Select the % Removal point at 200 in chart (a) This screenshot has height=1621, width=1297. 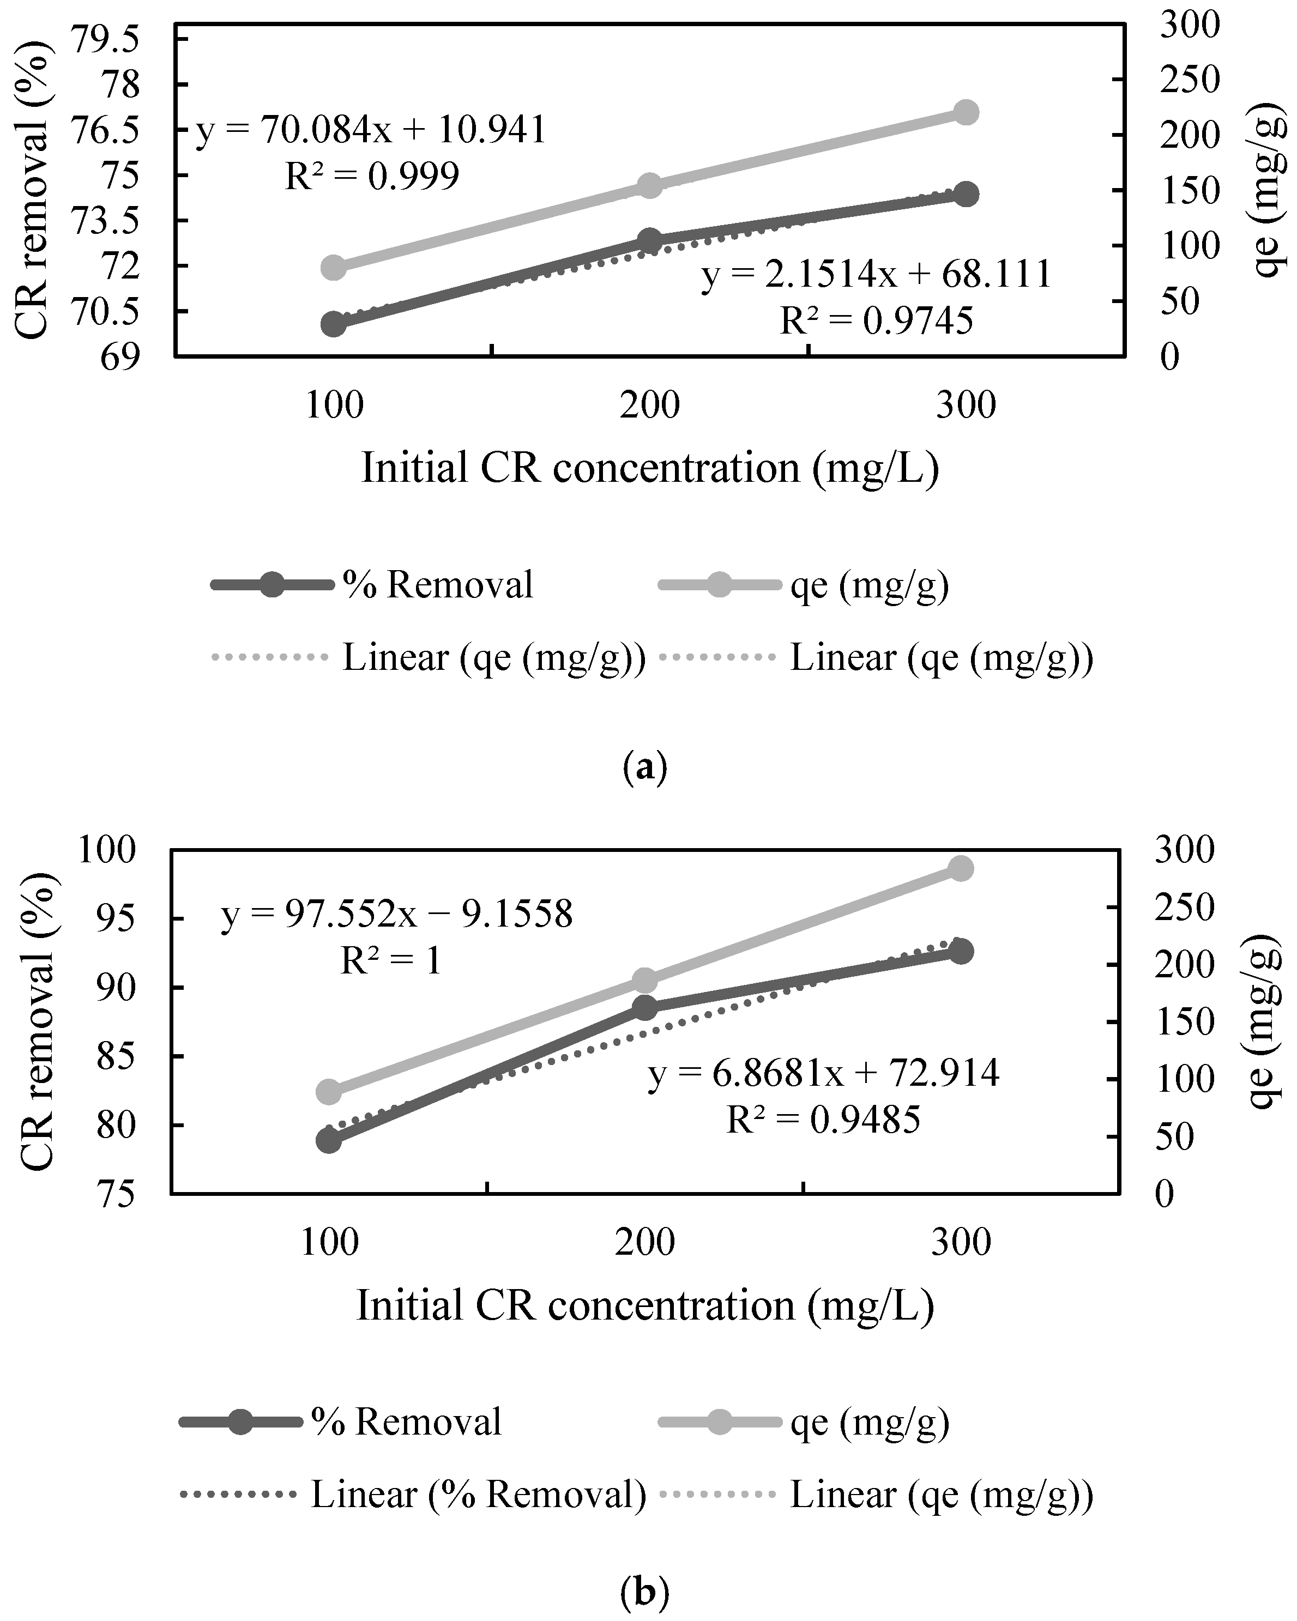coord(650,240)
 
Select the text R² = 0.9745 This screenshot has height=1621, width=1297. coord(876,322)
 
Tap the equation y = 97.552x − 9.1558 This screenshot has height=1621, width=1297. coord(397,915)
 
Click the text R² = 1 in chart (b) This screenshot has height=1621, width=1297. coord(391,961)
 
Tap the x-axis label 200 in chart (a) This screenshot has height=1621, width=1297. coord(650,406)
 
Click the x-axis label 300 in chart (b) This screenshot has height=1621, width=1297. coord(961,1243)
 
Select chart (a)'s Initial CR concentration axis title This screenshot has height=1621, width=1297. coord(650,468)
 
